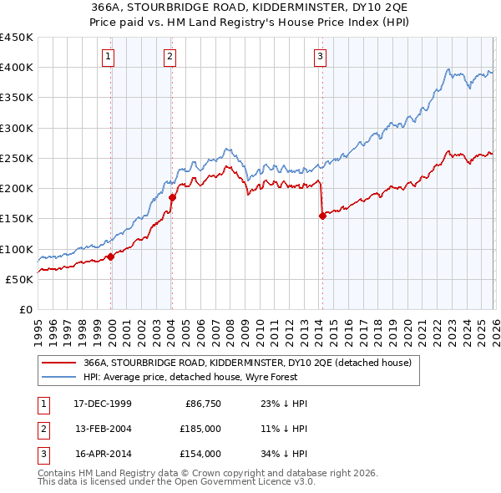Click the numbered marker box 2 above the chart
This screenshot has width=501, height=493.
[x=170, y=57]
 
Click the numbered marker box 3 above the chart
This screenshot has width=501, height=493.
[x=321, y=57]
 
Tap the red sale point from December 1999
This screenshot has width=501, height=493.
[x=110, y=257]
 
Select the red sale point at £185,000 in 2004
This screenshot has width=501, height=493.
[x=172, y=197]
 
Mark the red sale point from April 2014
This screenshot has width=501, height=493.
[x=322, y=216]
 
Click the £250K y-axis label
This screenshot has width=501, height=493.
[x=17, y=158]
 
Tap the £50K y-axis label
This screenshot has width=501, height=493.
[x=19, y=279]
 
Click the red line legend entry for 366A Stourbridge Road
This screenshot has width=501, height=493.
[x=247, y=363]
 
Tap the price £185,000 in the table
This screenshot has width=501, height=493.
[x=200, y=429]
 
